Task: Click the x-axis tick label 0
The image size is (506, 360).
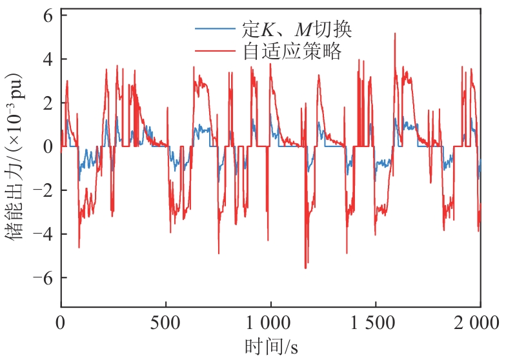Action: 61,323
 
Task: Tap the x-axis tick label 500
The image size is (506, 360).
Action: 166,323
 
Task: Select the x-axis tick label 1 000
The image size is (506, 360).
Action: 270,323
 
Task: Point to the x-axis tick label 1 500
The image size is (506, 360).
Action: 376,323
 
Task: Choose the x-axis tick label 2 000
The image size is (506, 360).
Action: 480,323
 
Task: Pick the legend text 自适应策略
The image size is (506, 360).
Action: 292,51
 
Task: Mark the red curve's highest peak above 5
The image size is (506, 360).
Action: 394,34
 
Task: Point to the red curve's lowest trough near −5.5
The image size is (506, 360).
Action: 305,267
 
